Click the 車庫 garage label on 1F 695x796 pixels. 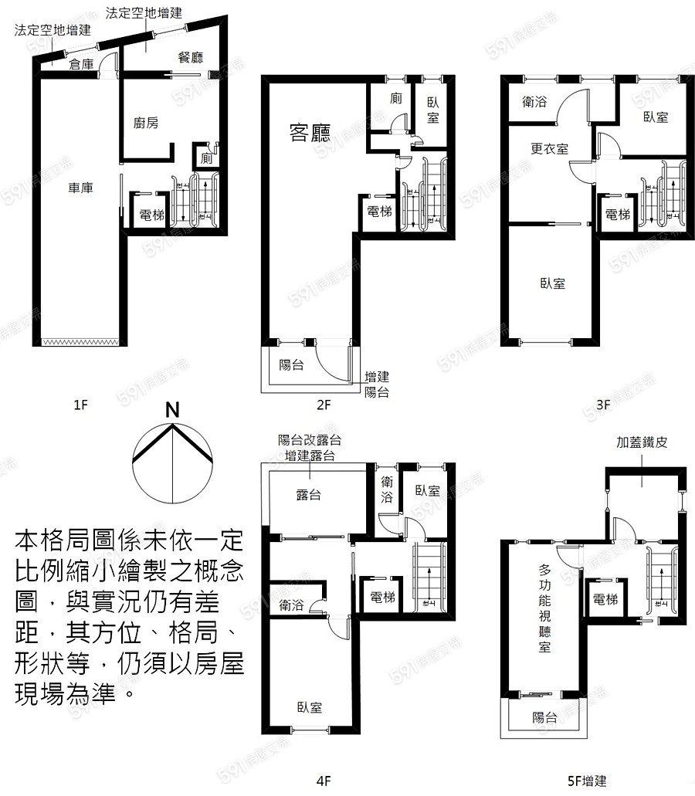(80, 187)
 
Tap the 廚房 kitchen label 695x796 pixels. (146, 123)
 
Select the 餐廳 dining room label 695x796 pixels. (190, 57)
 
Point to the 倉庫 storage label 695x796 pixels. (81, 65)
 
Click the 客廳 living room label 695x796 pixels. (310, 135)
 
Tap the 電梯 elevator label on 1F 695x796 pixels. (151, 215)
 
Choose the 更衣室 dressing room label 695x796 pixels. (549, 149)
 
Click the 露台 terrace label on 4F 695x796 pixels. (309, 495)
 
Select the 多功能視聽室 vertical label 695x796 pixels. (544, 609)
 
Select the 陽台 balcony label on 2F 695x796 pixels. (291, 365)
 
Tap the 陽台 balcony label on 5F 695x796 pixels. (544, 717)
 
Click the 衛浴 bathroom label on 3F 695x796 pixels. (535, 100)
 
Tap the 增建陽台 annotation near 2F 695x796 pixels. (377, 384)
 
